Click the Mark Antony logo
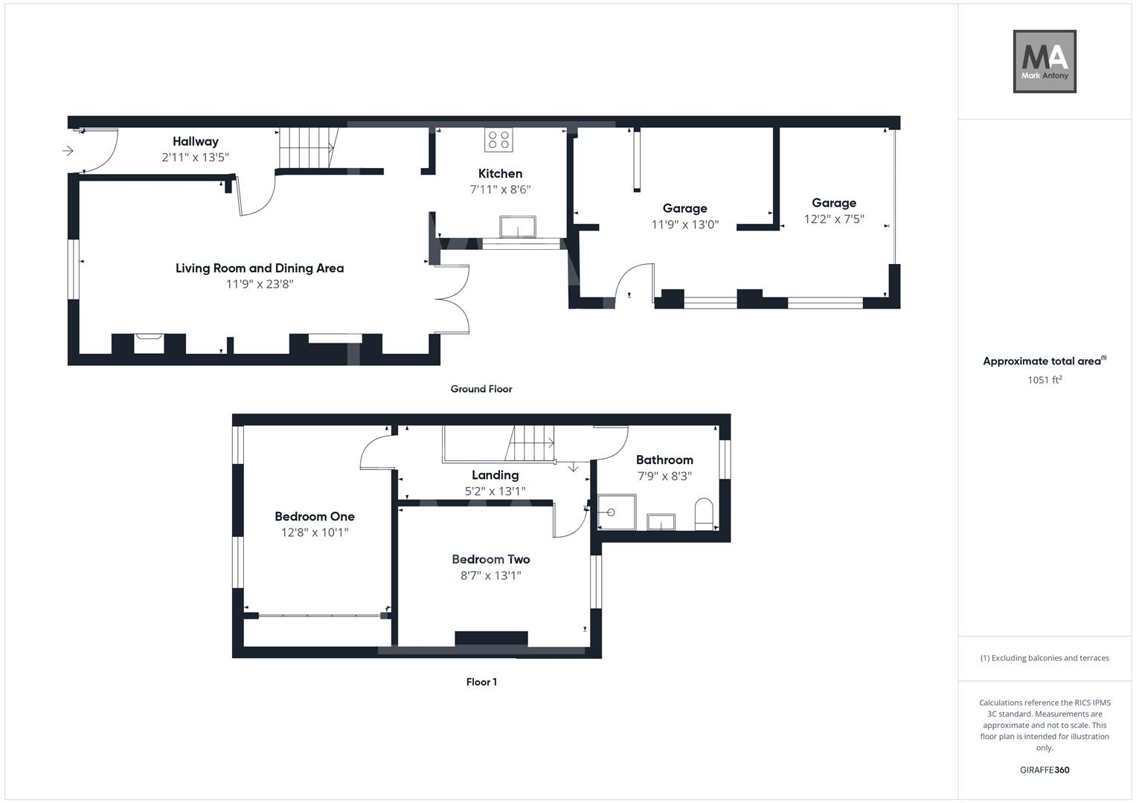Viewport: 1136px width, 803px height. (1044, 62)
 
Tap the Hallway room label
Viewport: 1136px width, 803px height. (196, 141)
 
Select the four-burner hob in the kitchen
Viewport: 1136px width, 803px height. (498, 140)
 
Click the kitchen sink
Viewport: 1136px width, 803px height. (519, 227)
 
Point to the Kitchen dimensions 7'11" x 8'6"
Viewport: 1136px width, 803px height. (500, 190)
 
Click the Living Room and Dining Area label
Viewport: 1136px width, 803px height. (260, 268)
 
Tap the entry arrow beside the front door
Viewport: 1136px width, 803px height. (68, 152)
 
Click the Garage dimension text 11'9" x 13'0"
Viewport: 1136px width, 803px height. (685, 225)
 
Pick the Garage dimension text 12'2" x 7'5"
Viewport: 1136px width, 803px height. (834, 219)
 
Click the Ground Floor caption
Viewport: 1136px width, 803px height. (481, 389)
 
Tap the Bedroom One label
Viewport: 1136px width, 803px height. (315, 517)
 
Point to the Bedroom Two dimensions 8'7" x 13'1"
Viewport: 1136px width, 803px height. (491, 575)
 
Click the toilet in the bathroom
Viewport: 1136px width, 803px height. (704, 515)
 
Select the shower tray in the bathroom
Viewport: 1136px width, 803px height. (617, 512)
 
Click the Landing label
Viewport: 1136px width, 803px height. (495, 475)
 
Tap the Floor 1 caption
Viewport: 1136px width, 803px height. (481, 682)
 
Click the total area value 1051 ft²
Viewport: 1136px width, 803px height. (1044, 380)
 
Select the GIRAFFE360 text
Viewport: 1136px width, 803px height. (1044, 770)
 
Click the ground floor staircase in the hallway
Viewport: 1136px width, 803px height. (307, 147)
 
